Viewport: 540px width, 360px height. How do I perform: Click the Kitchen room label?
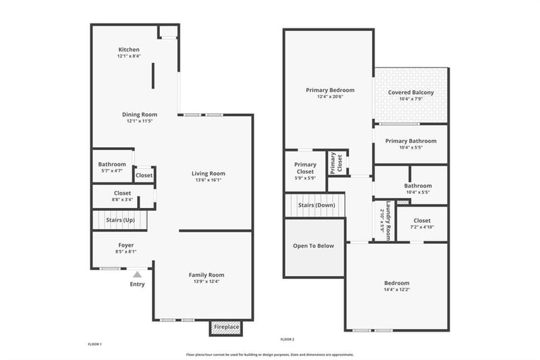pos(129,49)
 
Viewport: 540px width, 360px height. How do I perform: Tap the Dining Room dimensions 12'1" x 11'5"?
pos(140,122)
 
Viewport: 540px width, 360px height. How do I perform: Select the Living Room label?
pos(209,174)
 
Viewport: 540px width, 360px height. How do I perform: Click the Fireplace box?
pos(226,328)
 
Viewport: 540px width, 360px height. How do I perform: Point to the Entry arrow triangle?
pos(138,275)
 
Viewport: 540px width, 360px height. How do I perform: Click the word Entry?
pos(137,284)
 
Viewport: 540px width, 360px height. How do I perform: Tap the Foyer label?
pos(126,245)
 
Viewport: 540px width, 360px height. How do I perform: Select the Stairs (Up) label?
pos(120,220)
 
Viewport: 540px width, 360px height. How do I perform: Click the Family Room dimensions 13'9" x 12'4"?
pos(207,282)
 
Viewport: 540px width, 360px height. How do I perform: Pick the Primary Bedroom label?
pos(330,91)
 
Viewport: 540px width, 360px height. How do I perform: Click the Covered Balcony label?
pos(411,93)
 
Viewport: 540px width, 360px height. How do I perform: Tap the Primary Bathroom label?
pos(411,141)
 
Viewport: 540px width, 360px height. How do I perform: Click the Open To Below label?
pos(313,246)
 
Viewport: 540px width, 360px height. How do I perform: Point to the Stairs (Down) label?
pos(317,205)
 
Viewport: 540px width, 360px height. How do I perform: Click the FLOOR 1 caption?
pos(94,344)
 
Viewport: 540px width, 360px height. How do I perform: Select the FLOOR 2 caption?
pos(288,339)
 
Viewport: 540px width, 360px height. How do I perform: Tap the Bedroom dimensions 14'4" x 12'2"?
pos(397,290)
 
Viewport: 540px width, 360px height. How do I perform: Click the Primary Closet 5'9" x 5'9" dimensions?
pos(305,178)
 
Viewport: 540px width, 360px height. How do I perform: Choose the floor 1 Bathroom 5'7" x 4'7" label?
pos(112,168)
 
